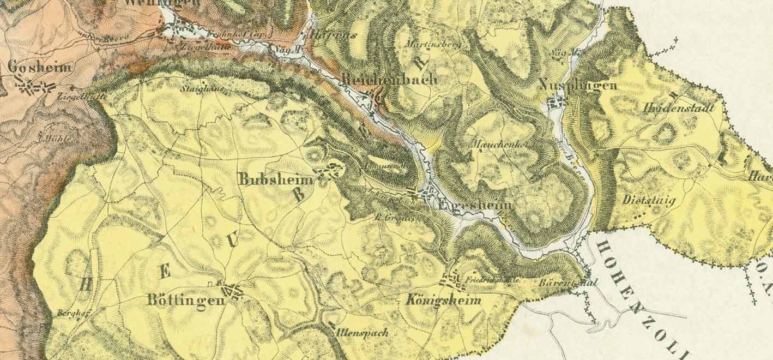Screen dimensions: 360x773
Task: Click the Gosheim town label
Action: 40,68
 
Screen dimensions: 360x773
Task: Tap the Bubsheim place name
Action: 277,179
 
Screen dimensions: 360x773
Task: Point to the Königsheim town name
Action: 444,301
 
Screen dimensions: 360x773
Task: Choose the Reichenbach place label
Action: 389,80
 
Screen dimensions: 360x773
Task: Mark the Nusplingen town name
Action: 578,85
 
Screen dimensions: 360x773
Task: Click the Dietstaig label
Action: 649,200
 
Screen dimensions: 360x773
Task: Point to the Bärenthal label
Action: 567,283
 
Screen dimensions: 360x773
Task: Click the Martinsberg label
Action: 434,44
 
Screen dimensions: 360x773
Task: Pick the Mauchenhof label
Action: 494,145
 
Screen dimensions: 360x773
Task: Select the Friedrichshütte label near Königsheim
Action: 488,280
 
